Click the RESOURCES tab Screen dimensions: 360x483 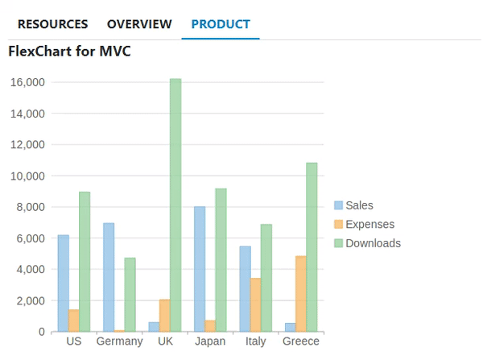[53, 24]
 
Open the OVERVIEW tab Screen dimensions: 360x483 [139, 24]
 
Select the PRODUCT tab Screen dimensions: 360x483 [221, 24]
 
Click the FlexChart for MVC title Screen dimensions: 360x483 [69, 52]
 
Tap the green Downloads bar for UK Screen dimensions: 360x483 [175, 205]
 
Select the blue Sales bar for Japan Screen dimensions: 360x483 [200, 269]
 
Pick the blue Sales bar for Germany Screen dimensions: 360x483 [109, 277]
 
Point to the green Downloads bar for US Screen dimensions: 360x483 [85, 262]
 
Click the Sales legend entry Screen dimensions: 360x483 [359, 205]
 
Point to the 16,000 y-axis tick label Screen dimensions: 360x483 [28, 82]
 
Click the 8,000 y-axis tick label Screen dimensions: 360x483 [31, 207]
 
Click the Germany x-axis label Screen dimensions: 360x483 [119, 341]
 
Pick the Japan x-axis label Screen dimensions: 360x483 [210, 341]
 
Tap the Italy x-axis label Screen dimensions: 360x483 [255, 341]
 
